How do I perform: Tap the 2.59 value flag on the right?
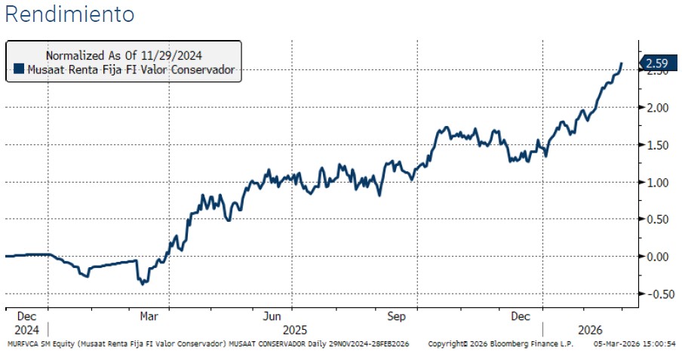click(654, 63)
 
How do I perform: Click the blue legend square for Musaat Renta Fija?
click(19, 70)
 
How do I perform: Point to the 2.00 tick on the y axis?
click(658, 108)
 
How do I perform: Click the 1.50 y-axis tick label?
click(658, 145)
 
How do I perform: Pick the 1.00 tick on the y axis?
click(658, 183)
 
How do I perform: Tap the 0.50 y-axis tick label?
click(658, 220)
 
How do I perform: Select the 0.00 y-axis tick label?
click(658, 257)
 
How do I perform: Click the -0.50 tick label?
click(656, 294)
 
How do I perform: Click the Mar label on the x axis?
click(149, 317)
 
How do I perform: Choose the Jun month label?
click(273, 317)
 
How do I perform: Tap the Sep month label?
click(397, 317)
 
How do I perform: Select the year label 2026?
click(590, 330)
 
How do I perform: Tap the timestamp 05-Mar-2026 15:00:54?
click(634, 344)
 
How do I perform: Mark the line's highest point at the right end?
click(621, 63)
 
